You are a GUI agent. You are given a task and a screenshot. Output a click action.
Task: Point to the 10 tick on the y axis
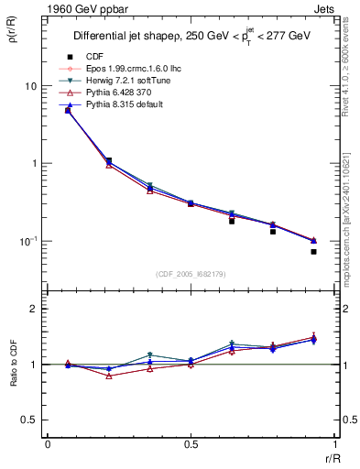tap(30, 86)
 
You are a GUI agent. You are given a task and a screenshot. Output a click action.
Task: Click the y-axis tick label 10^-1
tap(28, 242)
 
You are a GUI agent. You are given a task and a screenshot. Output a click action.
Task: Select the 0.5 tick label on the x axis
tap(190, 443)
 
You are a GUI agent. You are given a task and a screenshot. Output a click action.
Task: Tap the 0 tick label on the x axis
tap(48, 443)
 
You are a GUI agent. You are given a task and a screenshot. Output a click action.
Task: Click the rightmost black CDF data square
tap(313, 251)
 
